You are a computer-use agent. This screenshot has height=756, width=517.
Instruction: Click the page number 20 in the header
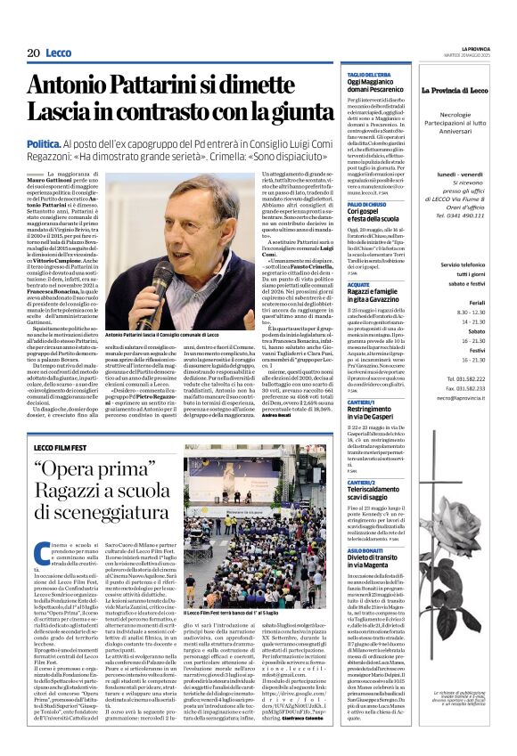[32, 53]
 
